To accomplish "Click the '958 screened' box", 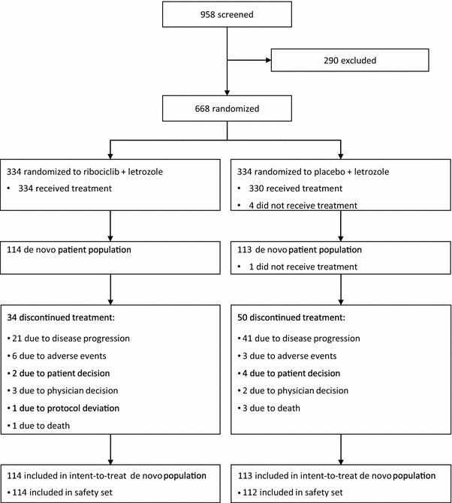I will coord(226,15).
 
